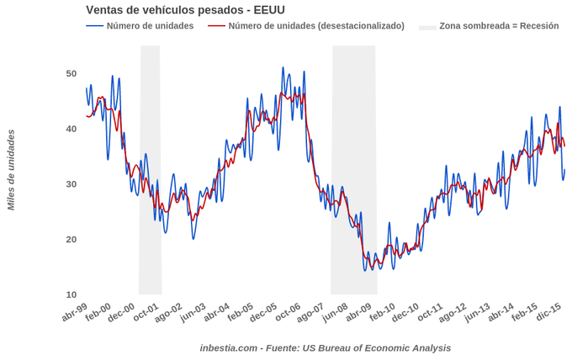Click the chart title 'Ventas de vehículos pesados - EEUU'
click(x=185, y=10)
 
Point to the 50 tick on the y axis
click(x=71, y=74)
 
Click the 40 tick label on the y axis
click(x=71, y=129)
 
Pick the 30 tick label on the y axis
click(x=71, y=184)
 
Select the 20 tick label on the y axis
click(x=71, y=240)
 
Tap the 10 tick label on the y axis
click(x=71, y=294)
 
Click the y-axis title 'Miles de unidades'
click(x=11, y=170)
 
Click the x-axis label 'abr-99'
click(x=75, y=314)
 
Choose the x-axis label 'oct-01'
click(x=146, y=314)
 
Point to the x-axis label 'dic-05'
click(x=264, y=314)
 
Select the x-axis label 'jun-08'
click(x=336, y=314)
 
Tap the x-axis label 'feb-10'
click(x=383, y=314)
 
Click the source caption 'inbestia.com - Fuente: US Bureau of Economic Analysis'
click(x=325, y=348)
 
